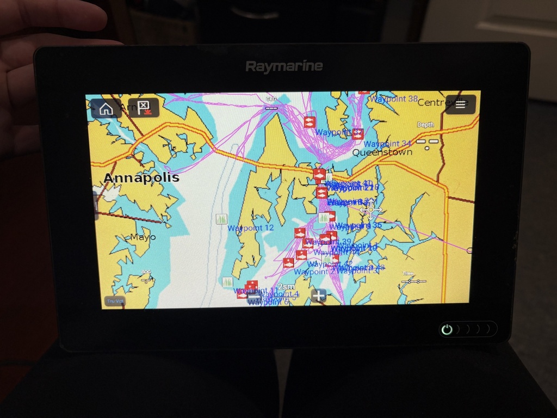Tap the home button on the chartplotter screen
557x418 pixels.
[106, 108]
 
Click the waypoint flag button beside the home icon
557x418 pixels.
[144, 108]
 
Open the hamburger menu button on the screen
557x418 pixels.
[460, 104]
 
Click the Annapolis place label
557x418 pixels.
[141, 178]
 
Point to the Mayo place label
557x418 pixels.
[143, 237]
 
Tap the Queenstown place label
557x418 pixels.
[382, 152]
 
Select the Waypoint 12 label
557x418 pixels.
[250, 228]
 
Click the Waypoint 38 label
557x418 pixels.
[394, 99]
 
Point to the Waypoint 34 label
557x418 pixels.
[387, 144]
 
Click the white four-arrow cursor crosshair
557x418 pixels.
[371, 210]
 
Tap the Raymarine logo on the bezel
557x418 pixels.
[284, 66]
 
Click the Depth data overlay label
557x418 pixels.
[425, 125]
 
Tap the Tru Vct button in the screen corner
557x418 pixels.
[115, 301]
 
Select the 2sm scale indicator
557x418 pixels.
[286, 287]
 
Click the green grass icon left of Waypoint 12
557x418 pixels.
[221, 219]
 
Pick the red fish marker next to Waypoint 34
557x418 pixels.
[357, 134]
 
